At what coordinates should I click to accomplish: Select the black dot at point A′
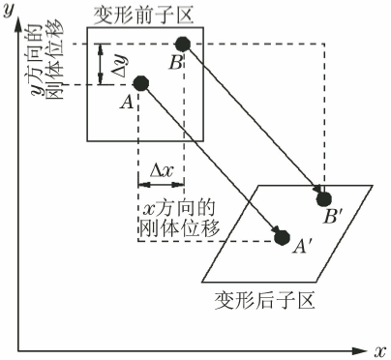tap(282, 236)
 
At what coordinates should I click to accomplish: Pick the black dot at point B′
tap(323, 198)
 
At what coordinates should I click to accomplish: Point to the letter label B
tap(174, 63)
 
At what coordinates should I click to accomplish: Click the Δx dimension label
tap(161, 170)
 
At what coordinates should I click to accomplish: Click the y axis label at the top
tap(9, 11)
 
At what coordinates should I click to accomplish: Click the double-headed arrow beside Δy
tap(101, 63)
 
